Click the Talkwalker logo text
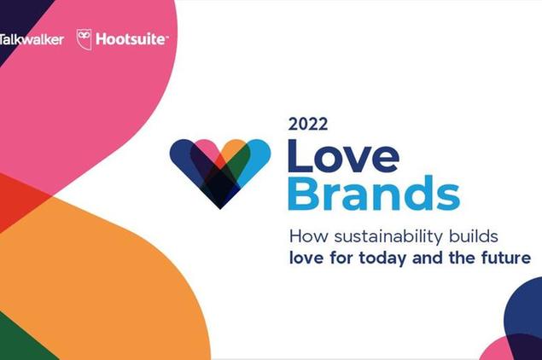[32, 39]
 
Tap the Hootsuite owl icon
[84, 39]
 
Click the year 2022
[308, 125]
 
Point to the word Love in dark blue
[344, 156]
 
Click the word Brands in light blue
[374, 193]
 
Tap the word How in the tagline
[308, 236]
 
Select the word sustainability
[388, 237]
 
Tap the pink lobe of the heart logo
[207, 148]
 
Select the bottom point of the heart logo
[220, 209]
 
